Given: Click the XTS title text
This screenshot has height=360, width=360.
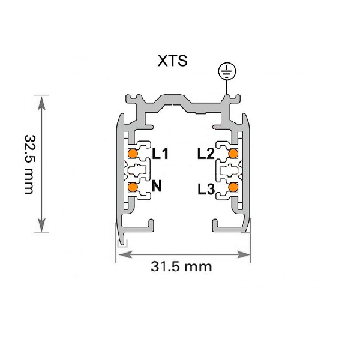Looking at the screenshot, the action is (x=172, y=61).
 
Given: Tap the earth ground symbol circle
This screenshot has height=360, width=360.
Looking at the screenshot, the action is (x=227, y=71).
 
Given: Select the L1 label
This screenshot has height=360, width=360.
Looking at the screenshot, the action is (x=160, y=154).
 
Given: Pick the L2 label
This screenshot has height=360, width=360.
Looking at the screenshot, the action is (x=206, y=154).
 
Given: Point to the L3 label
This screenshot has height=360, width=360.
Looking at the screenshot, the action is (x=206, y=190).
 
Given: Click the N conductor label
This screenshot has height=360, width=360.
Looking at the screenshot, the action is (x=157, y=186).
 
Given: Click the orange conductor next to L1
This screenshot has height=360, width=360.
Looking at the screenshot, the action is (x=133, y=154).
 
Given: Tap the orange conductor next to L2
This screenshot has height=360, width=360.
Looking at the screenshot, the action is (x=233, y=153).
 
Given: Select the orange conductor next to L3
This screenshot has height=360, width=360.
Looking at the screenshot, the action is (x=233, y=187).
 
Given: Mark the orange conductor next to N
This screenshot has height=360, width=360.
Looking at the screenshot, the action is (x=133, y=187).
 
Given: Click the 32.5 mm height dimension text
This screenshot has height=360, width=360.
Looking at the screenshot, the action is (x=30, y=164).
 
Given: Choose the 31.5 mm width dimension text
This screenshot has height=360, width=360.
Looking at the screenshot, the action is (x=181, y=266).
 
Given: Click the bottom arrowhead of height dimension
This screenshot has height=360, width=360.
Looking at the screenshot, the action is (x=41, y=225).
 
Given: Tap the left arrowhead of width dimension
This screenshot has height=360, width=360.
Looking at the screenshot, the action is (x=124, y=254).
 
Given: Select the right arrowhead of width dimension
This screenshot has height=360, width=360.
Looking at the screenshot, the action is (x=242, y=254).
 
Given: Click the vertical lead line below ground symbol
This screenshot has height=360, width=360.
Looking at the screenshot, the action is (x=227, y=87).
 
